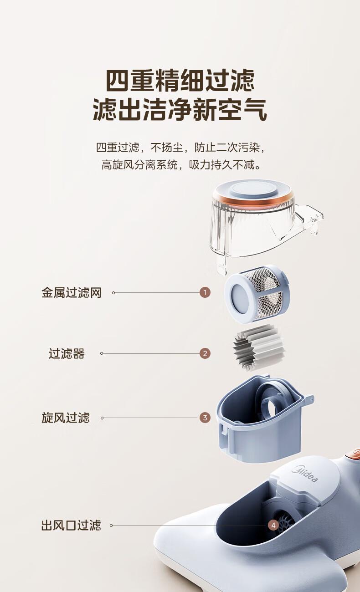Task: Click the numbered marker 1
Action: click(205, 292)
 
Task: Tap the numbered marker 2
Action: click(205, 353)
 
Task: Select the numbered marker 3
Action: click(205, 418)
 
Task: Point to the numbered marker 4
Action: click(273, 525)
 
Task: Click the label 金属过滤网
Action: click(72, 293)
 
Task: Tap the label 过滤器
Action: click(67, 354)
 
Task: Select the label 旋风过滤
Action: click(66, 418)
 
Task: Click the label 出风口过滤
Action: click(71, 525)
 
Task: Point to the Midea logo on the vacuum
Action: click(304, 475)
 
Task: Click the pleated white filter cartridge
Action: click(259, 348)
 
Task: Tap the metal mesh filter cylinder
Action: click(257, 294)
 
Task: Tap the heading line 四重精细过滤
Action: click(180, 80)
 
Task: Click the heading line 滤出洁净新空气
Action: click(180, 109)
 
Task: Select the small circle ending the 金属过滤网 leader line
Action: click(113, 292)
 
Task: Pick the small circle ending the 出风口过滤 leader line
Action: click(111, 526)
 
